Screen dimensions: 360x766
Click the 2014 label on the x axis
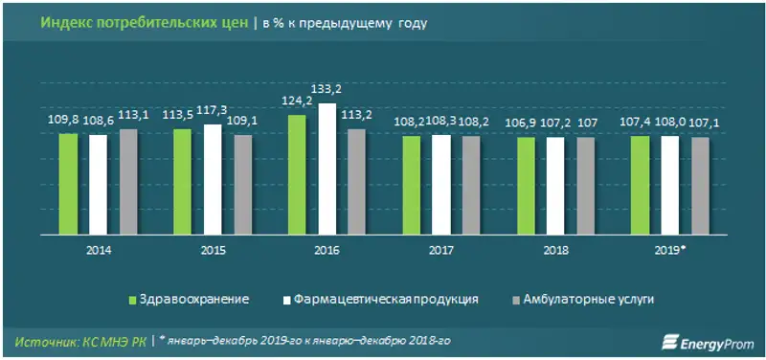97,250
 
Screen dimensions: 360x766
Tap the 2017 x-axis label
441,250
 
